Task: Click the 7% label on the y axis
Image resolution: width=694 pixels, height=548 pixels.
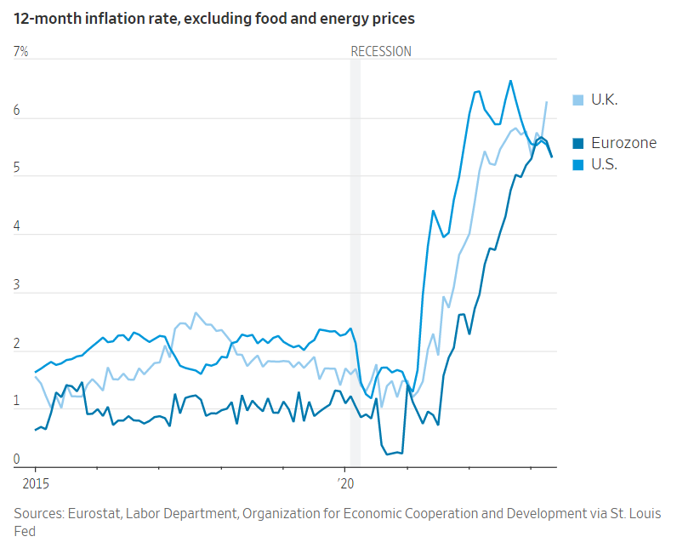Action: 20,51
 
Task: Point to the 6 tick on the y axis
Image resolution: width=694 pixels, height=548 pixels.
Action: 17,111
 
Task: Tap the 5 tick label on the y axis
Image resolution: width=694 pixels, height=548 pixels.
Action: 17,169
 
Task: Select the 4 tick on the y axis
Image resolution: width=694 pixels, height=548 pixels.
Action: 17,227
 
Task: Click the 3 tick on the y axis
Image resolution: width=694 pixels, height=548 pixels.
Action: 17,286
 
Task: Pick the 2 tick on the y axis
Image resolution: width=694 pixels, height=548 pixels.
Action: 17,344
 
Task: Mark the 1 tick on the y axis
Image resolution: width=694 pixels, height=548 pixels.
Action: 17,402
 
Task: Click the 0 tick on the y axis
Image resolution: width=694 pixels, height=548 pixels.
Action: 17,460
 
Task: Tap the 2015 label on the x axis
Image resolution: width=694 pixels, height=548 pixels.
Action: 35,483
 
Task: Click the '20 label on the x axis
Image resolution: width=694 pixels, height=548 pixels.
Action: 345,483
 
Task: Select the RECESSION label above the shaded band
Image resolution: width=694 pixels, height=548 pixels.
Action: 381,51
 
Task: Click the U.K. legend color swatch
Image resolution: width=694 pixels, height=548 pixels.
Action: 578,100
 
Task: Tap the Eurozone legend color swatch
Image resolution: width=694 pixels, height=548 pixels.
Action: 578,143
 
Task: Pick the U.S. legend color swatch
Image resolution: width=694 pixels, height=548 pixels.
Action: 578,164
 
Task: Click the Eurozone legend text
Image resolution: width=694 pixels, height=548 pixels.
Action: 623,143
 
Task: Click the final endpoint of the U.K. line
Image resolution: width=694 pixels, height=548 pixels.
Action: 546,102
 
